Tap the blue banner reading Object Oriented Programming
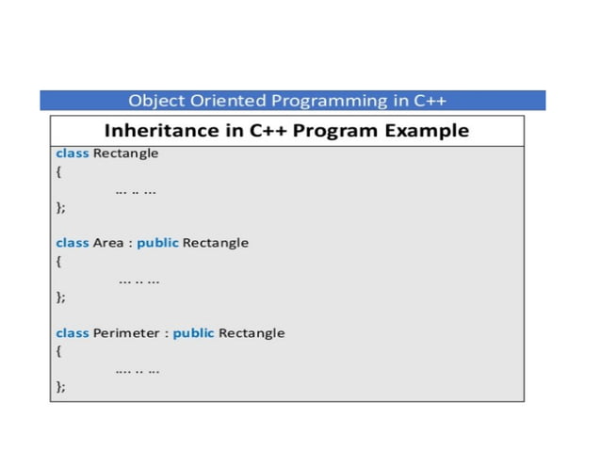pos(292,100)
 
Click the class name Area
pos(107,243)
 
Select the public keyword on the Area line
pos(157,243)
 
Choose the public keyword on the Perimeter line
pos(193,333)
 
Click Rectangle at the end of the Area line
pos(216,243)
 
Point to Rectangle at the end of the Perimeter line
pos(252,333)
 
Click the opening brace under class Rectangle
pos(58,172)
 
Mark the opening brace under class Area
pos(58,262)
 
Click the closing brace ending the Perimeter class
pos(60,387)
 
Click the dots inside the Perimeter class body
pos(138,369)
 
